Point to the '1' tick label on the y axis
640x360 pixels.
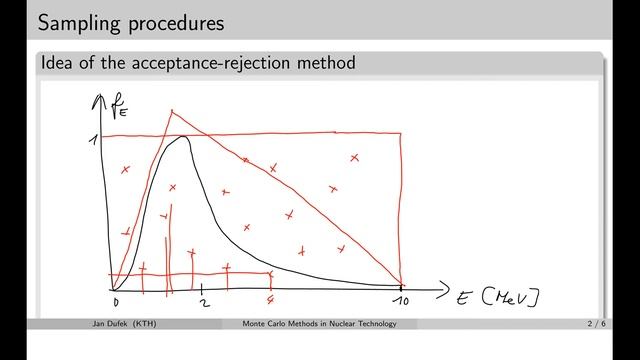tap(93, 140)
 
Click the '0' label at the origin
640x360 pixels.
tap(116, 302)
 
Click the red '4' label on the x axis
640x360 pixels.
tap(271, 302)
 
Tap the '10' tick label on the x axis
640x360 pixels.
tap(401, 303)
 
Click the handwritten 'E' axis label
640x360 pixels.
tap(465, 297)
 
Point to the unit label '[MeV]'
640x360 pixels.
tap(511, 297)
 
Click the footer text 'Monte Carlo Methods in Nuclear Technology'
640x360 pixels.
tap(320, 324)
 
